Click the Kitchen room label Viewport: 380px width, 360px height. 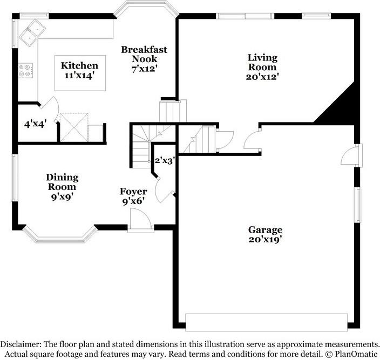[79, 66]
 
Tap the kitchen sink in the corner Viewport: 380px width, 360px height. [32, 32]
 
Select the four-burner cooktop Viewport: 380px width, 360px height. [25, 70]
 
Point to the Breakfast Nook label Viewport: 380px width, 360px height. [144, 55]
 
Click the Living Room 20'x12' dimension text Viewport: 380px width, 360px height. [262, 77]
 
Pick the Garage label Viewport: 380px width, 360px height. [265, 230]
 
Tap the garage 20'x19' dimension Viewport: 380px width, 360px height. [265, 239]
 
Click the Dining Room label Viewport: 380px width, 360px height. [62, 182]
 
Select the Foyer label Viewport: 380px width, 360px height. [133, 192]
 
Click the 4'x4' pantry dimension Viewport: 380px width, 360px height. [36, 124]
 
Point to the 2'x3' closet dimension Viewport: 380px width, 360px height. [165, 160]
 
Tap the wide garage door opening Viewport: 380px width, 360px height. [266, 322]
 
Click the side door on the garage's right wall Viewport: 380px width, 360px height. [351, 155]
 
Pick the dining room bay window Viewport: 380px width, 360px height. [60, 235]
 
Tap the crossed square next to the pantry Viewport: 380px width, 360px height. [74, 127]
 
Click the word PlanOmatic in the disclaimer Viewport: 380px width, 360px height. [356, 354]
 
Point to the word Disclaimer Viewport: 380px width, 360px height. [20, 344]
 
